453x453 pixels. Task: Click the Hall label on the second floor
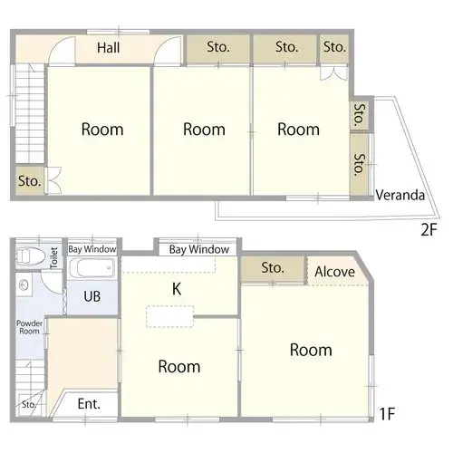point(109,48)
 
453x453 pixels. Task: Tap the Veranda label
point(400,195)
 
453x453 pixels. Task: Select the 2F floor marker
point(429,230)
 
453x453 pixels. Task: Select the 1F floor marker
point(387,414)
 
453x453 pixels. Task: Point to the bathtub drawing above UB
point(92,267)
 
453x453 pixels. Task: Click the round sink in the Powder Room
point(24,284)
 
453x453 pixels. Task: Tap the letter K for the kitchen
point(177,289)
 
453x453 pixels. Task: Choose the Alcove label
point(334,272)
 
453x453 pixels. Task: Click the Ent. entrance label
point(89,404)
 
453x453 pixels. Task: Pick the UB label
point(92,296)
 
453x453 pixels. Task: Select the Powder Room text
point(29,327)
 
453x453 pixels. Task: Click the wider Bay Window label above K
point(199,250)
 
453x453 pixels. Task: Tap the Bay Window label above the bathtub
point(92,249)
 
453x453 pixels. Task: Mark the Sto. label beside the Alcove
point(273,268)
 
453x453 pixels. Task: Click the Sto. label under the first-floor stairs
point(29,404)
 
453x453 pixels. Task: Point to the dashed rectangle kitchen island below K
point(170,316)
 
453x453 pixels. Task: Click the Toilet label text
point(53,258)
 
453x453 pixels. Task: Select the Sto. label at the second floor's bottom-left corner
point(29,181)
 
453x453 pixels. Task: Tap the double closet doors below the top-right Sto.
point(333,73)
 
